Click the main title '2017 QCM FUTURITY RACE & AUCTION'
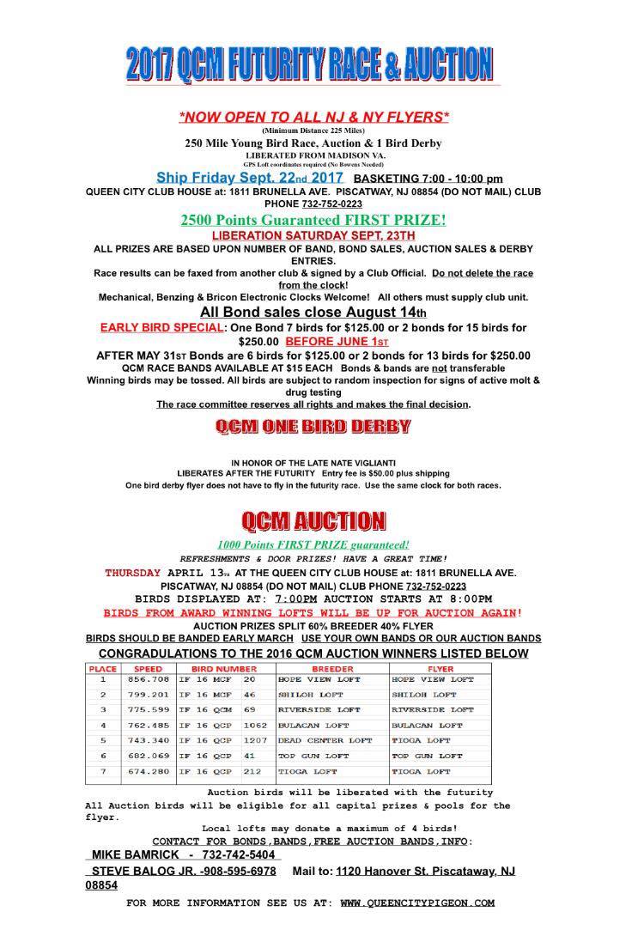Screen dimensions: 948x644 310,64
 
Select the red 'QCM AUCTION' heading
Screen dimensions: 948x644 313,520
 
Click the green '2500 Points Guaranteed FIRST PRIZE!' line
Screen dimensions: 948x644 313,221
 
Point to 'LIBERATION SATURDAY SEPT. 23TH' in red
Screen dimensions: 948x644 313,234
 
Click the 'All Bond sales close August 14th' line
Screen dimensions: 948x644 313,312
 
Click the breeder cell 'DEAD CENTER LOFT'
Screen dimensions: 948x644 325,740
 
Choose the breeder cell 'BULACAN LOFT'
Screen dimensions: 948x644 310,725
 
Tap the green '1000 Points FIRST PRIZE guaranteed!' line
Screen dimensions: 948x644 313,544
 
